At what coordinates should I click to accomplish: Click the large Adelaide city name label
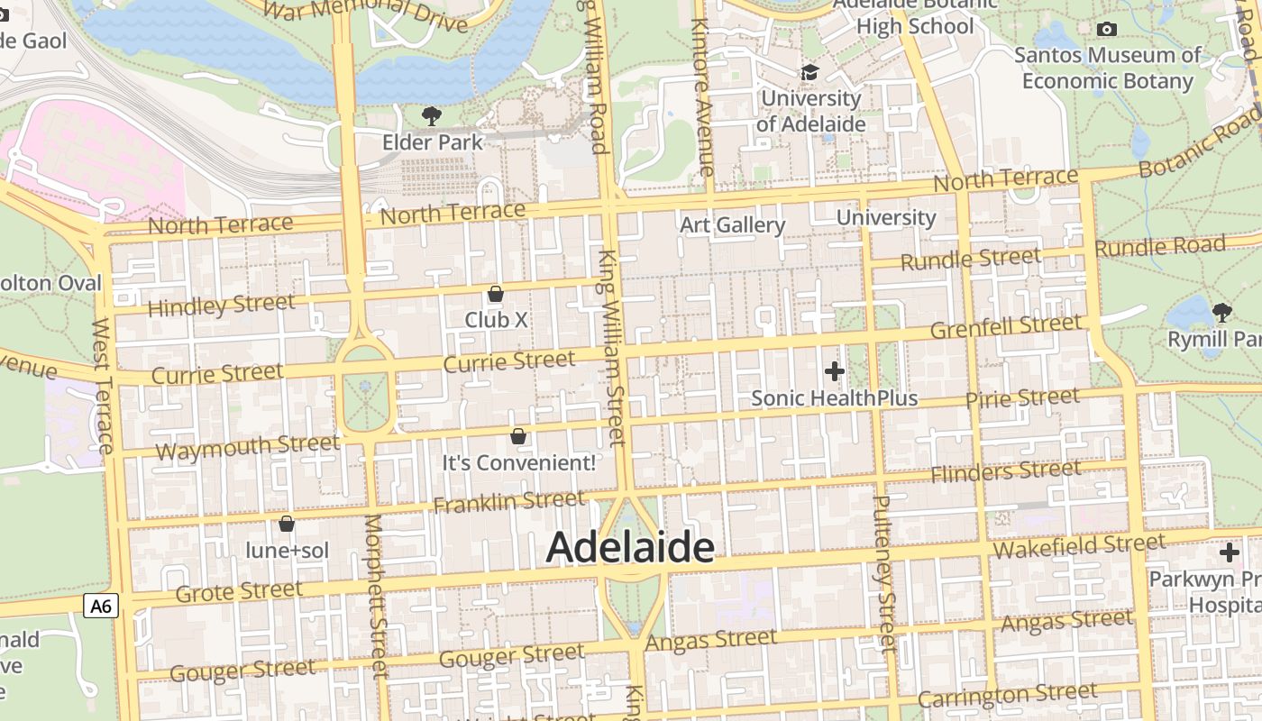click(630, 547)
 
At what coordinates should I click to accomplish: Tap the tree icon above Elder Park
click(432, 115)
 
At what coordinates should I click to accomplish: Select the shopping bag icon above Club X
click(495, 294)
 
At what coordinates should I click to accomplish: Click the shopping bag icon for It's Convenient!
click(518, 436)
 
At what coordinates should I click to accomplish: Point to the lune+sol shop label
click(288, 550)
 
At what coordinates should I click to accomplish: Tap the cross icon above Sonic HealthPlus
click(835, 370)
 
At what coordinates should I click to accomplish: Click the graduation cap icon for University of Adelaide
click(809, 72)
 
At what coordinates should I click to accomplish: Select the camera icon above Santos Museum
click(1107, 29)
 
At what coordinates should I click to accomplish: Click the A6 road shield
click(101, 606)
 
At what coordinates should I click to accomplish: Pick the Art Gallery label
click(732, 224)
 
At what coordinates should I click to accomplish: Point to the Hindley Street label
click(221, 306)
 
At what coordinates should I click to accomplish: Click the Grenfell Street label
click(1005, 327)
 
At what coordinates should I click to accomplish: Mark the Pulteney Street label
click(885, 572)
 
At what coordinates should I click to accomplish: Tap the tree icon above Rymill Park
click(1222, 313)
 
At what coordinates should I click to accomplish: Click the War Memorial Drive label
click(368, 14)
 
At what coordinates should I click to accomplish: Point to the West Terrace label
click(103, 386)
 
